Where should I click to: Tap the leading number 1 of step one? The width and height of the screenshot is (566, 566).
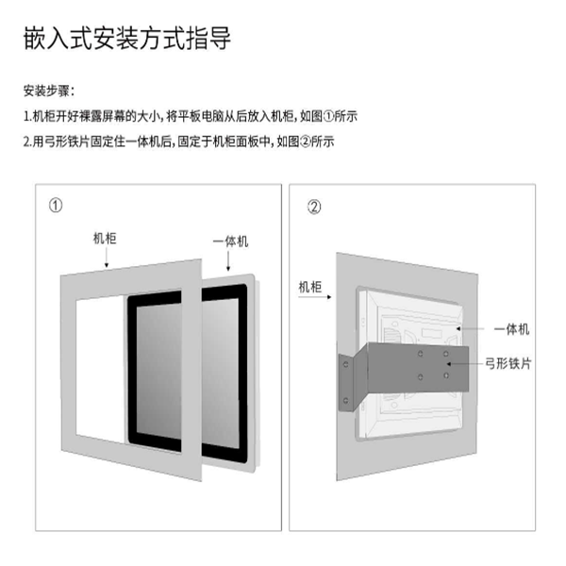[25, 117]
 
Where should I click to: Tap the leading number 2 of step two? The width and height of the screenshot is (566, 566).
[25, 141]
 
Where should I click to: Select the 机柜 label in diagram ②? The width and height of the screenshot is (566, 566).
[310, 284]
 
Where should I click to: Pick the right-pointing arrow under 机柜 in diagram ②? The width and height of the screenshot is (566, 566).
[324, 299]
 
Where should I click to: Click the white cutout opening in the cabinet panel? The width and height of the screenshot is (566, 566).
[100, 368]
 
